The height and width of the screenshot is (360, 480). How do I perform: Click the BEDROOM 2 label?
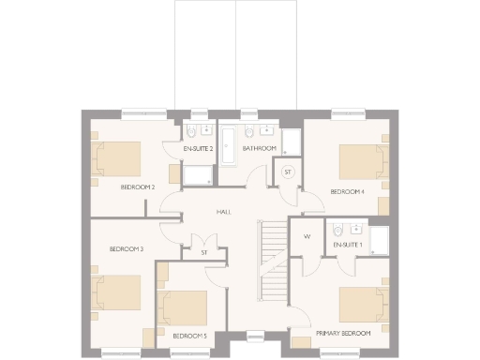(138, 187)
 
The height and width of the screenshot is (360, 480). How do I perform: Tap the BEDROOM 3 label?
(127, 248)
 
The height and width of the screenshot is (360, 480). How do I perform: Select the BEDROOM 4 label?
(347, 192)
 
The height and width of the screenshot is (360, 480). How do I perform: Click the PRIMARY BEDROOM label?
(343, 333)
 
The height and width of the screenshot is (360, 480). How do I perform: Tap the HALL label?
(224, 212)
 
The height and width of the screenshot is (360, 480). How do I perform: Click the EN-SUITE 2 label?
(198, 149)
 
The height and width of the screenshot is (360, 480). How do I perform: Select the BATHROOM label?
(259, 149)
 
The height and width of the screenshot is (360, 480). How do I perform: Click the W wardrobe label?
(307, 236)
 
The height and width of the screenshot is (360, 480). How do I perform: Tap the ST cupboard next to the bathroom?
(288, 172)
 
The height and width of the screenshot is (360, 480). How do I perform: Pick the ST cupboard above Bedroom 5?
(203, 252)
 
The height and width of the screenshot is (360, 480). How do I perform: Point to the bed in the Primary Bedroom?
(362, 305)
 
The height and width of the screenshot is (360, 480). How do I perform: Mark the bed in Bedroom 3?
(116, 292)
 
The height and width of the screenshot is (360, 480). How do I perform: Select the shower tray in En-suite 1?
(379, 239)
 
